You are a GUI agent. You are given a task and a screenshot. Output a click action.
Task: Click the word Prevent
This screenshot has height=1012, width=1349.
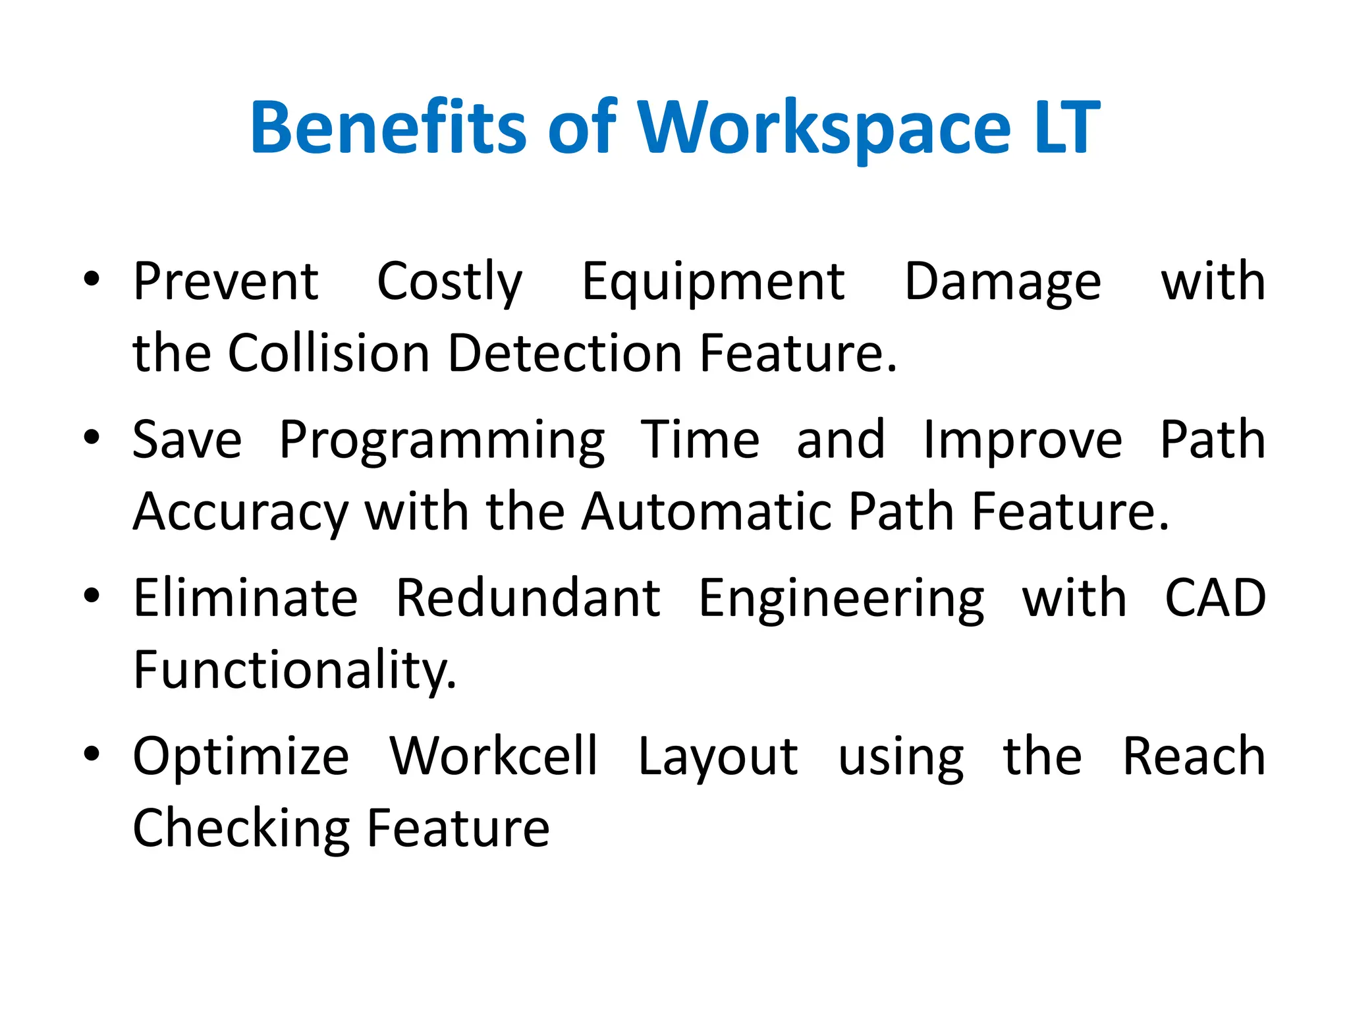coord(226,282)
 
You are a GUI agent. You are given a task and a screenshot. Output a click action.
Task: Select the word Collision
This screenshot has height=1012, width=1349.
coord(329,353)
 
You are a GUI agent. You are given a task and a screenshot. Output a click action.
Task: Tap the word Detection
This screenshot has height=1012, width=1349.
coord(564,353)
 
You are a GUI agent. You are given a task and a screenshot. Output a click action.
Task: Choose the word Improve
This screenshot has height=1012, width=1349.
coord(1022,440)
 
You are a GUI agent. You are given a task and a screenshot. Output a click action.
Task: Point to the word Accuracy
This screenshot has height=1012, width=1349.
coord(240,513)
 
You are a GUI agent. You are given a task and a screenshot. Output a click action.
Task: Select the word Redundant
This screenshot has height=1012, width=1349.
coord(528,598)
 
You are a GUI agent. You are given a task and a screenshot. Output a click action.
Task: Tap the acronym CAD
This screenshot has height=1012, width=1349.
coord(1215,598)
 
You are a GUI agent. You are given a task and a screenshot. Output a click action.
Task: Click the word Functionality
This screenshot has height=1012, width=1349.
coord(294,671)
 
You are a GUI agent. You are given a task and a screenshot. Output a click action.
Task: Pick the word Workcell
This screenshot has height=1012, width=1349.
coord(493,756)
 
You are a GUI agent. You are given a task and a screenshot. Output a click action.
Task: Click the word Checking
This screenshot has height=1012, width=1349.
coord(242,829)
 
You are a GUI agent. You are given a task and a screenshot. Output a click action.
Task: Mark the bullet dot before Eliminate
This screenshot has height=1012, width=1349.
coord(92,596)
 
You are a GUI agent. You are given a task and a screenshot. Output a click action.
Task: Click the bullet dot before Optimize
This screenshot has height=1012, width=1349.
coord(92,754)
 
